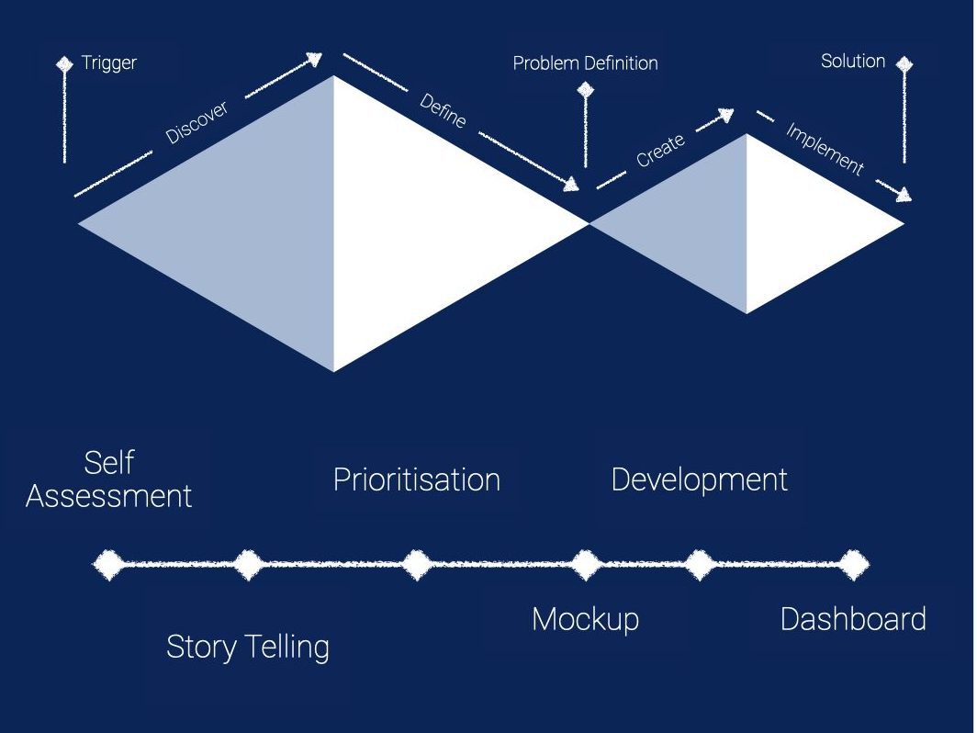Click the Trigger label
click(x=108, y=63)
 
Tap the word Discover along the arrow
click(x=197, y=122)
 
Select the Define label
click(x=443, y=110)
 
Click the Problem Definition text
click(x=585, y=63)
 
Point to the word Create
click(x=660, y=151)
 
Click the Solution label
click(x=852, y=62)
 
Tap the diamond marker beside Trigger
click(x=64, y=64)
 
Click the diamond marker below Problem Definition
click(x=585, y=90)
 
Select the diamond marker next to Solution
click(x=904, y=63)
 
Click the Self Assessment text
click(x=109, y=479)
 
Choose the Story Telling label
click(x=247, y=647)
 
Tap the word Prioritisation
click(x=416, y=479)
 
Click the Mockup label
click(x=585, y=619)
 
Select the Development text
click(x=699, y=479)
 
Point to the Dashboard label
click(x=852, y=619)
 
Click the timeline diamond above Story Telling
click(x=247, y=564)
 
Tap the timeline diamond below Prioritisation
click(x=416, y=564)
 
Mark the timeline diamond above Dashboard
click(x=853, y=564)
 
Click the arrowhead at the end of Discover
click(x=314, y=60)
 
